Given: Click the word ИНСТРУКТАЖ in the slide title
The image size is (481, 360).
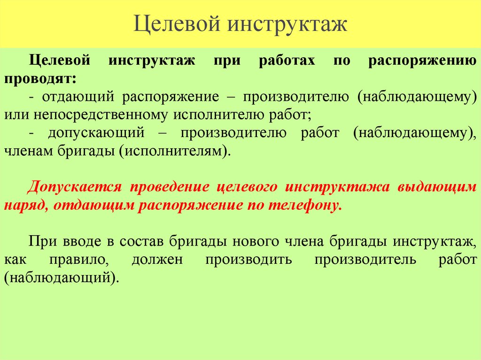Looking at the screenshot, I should pyautogui.click(x=288, y=24).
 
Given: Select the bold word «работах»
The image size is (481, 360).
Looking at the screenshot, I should pyautogui.click(x=287, y=61).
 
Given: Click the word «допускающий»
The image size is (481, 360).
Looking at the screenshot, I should pyautogui.click(x=96, y=133).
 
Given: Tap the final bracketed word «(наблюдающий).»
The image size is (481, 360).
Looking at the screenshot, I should pyautogui.click(x=60, y=277).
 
